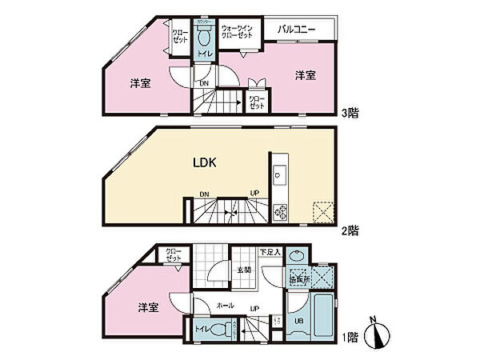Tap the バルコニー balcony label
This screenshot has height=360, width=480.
tap(298, 29)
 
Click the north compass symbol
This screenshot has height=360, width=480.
tap(376, 334)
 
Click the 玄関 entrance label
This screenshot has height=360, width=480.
tap(244, 270)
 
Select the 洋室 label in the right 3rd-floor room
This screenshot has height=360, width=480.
tap(303, 75)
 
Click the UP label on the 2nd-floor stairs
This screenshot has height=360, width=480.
tap(254, 194)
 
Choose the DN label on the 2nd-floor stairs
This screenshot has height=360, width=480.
tap(205, 194)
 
